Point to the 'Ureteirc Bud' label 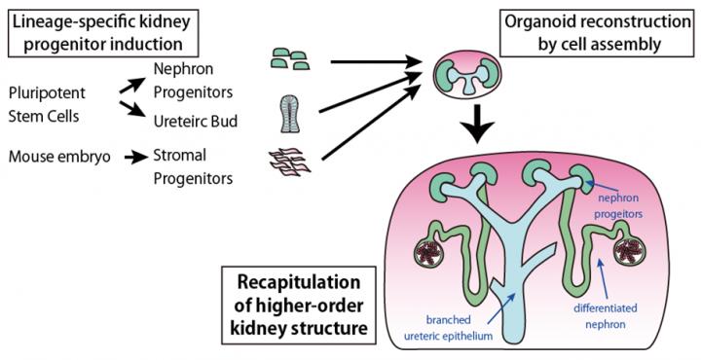(x=196, y=122)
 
